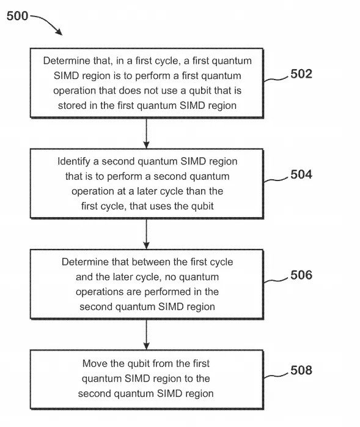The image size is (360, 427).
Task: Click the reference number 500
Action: coord(17,16)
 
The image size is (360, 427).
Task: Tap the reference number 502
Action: coord(301,74)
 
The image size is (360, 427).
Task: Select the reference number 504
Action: coord(301,174)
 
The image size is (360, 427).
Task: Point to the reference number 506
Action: coord(301,275)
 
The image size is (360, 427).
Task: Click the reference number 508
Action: coord(301,370)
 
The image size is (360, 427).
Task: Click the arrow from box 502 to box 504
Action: coord(147,133)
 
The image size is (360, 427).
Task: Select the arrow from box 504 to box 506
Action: coord(147,234)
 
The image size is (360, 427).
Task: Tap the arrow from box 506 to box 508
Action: coord(147,335)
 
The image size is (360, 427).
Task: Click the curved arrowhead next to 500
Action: coord(59,32)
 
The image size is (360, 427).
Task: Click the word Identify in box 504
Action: coord(74,162)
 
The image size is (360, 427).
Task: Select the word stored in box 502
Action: coord(72,105)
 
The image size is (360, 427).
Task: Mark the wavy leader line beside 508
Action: coord(276,375)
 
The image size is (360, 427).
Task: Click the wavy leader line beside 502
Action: coord(276,79)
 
